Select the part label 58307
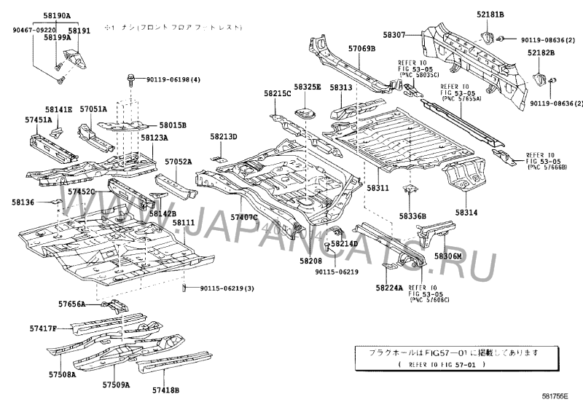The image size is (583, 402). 396,33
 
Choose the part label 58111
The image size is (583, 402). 184,223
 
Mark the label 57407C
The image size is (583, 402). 245,217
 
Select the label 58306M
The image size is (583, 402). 449,256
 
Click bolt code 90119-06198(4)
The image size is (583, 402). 173,79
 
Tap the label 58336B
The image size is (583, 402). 412,216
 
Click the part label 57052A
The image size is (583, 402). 178,162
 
